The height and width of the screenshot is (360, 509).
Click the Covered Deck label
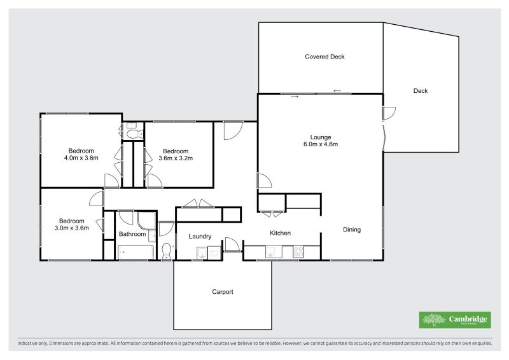324,57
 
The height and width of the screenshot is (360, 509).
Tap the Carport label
223,292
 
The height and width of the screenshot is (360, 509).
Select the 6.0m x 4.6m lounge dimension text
321,144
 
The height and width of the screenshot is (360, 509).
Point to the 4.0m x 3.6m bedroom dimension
81,158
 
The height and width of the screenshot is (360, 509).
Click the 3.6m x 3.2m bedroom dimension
175,158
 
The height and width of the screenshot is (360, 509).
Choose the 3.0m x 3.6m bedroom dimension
71,227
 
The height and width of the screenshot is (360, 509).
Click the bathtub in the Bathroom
136,253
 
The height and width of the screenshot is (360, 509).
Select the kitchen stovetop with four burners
297,253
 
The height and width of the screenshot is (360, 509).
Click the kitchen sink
274,253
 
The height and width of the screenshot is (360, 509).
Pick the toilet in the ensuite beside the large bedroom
134,133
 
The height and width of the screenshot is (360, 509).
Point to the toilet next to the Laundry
167,251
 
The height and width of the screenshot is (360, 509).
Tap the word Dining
352,230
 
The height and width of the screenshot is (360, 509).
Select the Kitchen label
280,233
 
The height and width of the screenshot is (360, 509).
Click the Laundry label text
200,237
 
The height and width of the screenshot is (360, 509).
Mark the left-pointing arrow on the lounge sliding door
337,90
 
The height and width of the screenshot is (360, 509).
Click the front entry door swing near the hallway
231,130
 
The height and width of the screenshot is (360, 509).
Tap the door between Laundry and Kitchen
232,245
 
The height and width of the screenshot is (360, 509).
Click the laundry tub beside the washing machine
214,253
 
